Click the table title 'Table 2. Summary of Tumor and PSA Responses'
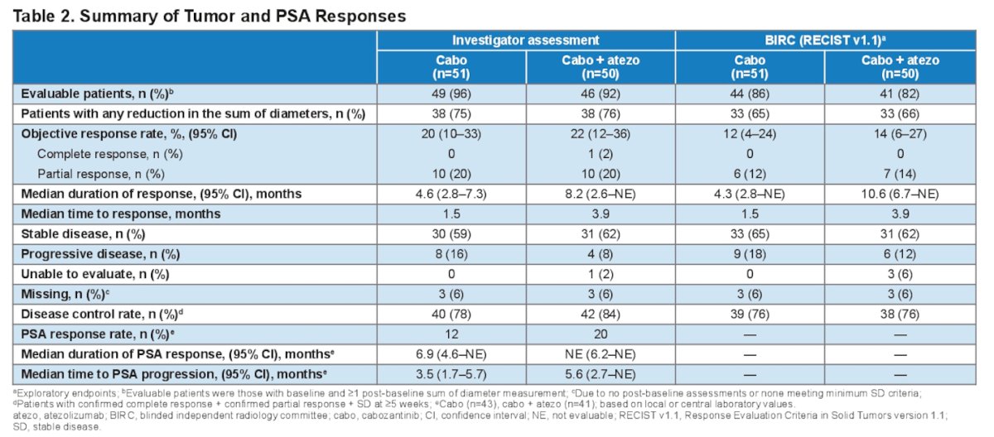(x=209, y=16)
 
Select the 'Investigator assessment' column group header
(x=525, y=41)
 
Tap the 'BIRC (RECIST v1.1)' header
(x=825, y=41)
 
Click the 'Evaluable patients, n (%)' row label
(x=97, y=94)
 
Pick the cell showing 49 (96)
(x=451, y=94)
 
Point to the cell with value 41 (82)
(x=900, y=94)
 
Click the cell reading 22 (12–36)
(x=600, y=134)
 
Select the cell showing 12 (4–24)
(x=750, y=134)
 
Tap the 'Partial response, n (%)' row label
(x=101, y=174)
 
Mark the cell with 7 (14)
(x=900, y=174)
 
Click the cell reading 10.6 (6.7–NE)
(x=900, y=194)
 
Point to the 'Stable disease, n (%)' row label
(x=83, y=234)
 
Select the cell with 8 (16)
(x=451, y=254)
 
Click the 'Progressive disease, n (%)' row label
(x=100, y=254)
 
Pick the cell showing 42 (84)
(x=601, y=315)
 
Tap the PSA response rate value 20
(x=601, y=334)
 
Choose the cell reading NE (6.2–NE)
(x=600, y=354)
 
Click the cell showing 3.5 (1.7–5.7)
(x=451, y=374)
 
